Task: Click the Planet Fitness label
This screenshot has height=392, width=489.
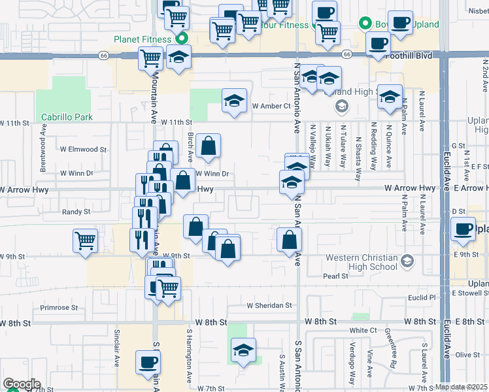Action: coord(146,39)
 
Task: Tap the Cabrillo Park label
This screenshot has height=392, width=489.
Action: coord(67,118)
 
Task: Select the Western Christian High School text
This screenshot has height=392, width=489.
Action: coord(362,262)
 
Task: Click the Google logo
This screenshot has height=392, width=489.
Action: coord(22,384)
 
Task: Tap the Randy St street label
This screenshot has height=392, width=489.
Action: coord(77,212)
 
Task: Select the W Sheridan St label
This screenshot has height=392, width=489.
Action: coord(269,305)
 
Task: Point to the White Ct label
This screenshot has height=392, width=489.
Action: coord(363,331)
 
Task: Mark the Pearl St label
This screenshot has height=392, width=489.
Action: coord(335,276)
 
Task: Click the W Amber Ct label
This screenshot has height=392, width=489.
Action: coord(271,106)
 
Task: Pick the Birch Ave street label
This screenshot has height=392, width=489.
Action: coord(190,148)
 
